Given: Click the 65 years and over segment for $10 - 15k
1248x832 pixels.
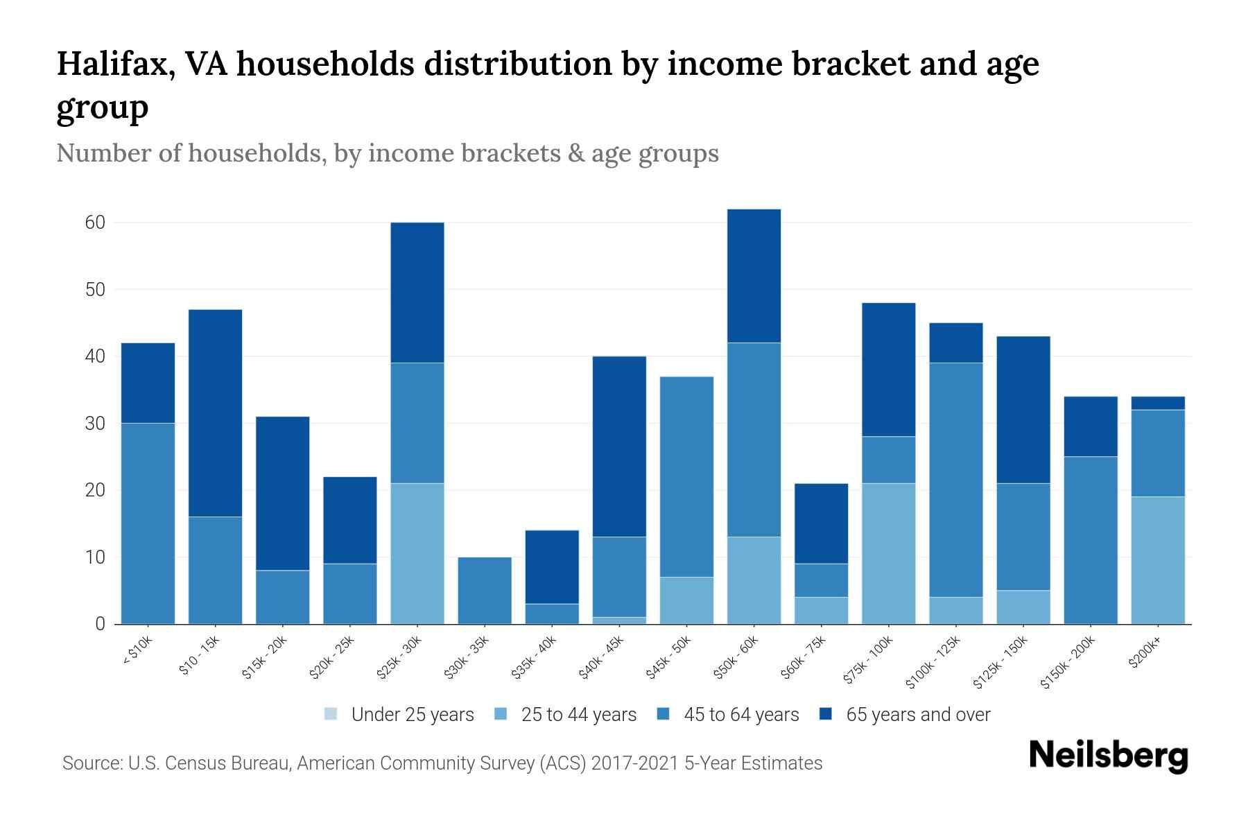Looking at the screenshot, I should [215, 413].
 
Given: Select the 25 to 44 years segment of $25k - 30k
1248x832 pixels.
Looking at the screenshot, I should [417, 553].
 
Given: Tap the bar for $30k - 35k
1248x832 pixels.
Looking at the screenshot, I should [485, 590].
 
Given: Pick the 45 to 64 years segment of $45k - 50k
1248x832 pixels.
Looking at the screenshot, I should [686, 476].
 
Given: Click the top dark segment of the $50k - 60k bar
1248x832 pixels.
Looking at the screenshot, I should [754, 275].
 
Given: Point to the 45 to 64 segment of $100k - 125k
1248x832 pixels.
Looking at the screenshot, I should [956, 480].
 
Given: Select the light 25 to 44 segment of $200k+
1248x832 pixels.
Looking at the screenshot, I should [1158, 560].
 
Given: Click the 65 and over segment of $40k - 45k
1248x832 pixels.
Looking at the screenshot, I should [619, 446].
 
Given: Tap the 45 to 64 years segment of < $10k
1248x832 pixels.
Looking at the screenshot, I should [148, 523].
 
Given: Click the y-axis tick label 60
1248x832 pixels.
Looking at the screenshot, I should [95, 223].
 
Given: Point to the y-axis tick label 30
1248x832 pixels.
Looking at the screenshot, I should [95, 423].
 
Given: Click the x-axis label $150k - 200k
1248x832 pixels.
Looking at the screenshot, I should [1068, 663].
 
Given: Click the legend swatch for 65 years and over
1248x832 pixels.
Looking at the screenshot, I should [826, 714].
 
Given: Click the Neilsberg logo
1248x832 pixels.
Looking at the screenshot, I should [1108, 756].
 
